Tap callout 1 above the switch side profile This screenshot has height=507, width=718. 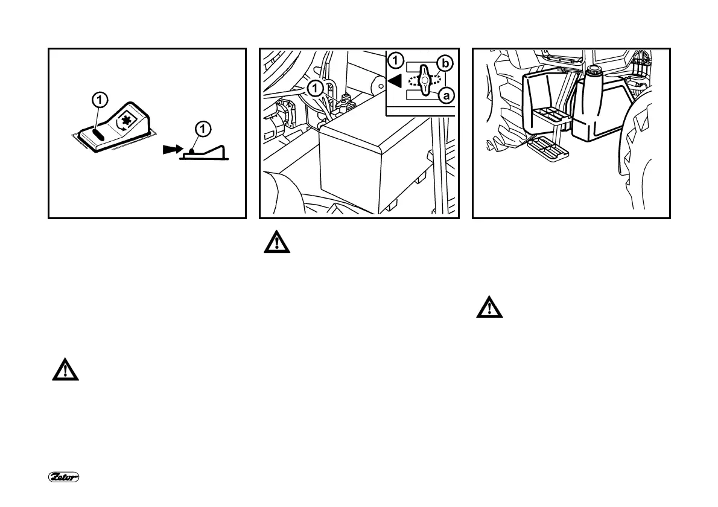(x=204, y=128)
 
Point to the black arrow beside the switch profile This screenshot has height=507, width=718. (x=171, y=149)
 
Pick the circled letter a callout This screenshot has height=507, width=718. (x=446, y=95)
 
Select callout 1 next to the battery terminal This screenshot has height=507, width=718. (x=316, y=88)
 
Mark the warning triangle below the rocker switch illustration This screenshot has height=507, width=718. (x=64, y=369)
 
